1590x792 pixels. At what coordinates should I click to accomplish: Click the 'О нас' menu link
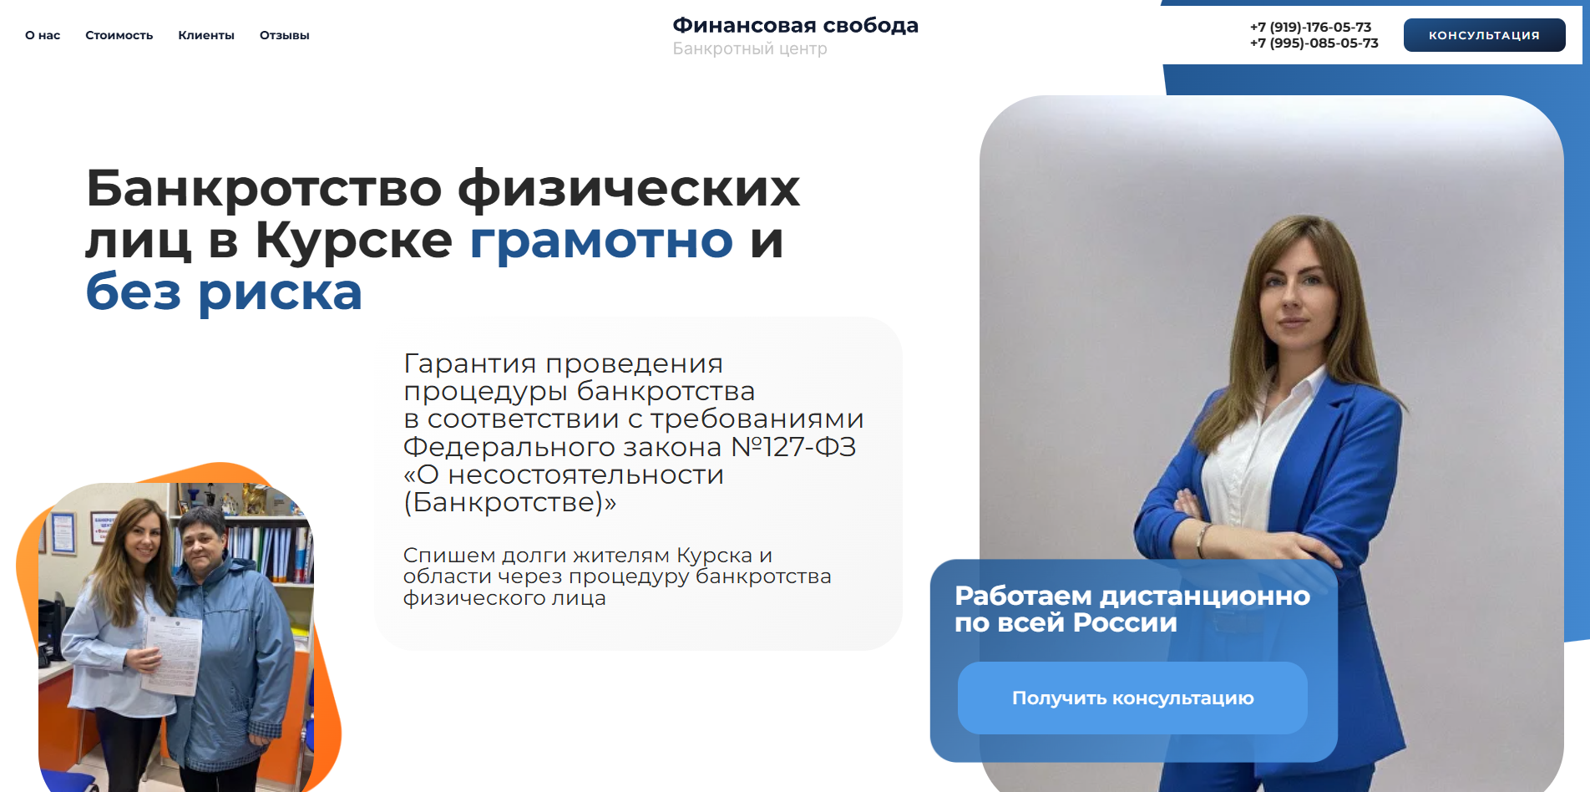coord(43,35)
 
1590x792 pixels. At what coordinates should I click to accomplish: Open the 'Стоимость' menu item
coord(119,35)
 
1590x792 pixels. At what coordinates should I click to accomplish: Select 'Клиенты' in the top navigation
coord(206,35)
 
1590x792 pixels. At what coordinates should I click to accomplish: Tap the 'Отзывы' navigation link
coord(285,35)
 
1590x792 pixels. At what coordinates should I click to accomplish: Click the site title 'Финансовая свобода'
coord(796,26)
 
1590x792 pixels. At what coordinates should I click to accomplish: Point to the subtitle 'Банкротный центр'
coord(750,48)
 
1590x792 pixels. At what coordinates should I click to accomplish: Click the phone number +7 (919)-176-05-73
coord(1310,27)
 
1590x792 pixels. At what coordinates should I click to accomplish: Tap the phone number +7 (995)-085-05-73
coord(1314,43)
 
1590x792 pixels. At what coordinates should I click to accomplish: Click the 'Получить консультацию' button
coord(1132,698)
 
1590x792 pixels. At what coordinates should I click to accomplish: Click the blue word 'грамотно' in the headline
coord(601,241)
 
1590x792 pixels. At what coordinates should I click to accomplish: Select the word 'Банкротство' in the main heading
coord(264,188)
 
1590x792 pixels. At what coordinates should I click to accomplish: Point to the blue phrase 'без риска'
coord(224,292)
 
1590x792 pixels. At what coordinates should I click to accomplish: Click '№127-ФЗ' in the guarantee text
coord(793,447)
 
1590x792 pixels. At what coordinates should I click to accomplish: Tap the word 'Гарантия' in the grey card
coord(470,364)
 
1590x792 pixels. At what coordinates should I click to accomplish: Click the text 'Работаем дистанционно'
coord(1132,596)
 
